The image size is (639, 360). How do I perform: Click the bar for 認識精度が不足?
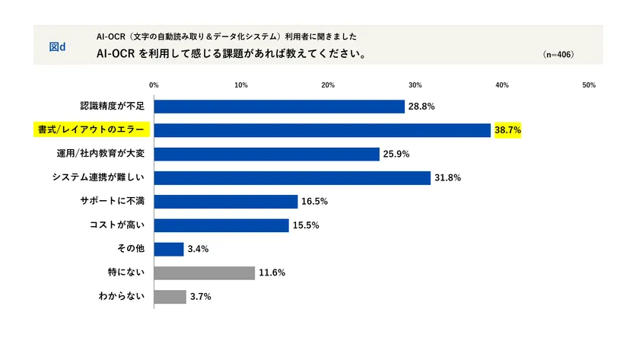click(279, 107)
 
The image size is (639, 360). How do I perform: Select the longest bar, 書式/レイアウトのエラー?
click(323, 130)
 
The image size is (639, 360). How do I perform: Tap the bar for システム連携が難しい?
click(292, 177)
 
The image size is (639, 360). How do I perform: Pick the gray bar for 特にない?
click(205, 272)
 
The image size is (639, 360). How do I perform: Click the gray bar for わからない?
click(170, 296)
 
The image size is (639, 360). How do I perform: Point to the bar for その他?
click(169, 249)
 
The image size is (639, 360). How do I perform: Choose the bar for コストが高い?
click(221, 225)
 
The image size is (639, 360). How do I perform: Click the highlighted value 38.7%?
click(507, 130)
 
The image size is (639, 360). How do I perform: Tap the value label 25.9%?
click(397, 155)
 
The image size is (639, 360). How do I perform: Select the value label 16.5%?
click(315, 202)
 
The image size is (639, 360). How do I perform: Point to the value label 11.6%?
click(272, 272)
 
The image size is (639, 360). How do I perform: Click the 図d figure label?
click(57, 46)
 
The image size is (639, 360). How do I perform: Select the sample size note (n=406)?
click(558, 55)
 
